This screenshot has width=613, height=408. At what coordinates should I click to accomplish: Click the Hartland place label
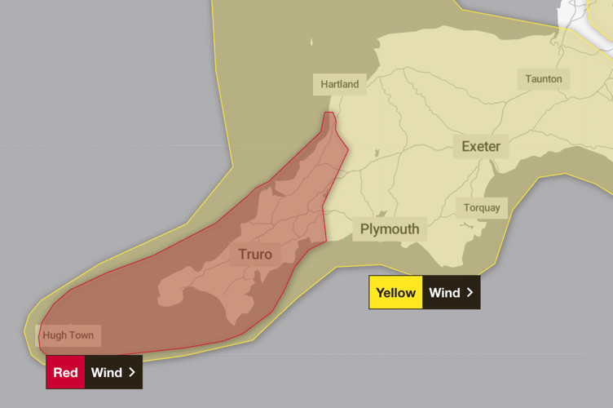(x=339, y=84)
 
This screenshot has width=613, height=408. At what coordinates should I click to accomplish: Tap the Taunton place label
(x=543, y=79)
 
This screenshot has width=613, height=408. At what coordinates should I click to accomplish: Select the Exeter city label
(x=481, y=147)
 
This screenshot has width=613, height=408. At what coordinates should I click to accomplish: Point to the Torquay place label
(x=482, y=207)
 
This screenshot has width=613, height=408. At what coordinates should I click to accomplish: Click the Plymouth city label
(x=390, y=229)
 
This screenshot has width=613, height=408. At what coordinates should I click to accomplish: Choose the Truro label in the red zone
(x=255, y=255)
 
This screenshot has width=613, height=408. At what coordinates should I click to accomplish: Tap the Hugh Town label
(x=68, y=335)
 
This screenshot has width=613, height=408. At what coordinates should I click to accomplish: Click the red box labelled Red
(x=65, y=373)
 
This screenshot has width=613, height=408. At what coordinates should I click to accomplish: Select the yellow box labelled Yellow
(x=395, y=293)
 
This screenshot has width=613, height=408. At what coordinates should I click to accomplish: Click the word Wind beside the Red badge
(x=106, y=373)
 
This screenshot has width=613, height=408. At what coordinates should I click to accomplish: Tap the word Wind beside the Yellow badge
(x=444, y=293)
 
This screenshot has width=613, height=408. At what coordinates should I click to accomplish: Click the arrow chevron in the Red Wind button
(x=131, y=373)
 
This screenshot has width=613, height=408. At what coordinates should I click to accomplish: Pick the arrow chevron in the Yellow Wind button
(x=470, y=293)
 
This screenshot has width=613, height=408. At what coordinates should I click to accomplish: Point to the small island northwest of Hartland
(x=311, y=42)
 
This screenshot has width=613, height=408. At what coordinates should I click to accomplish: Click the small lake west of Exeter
(x=377, y=153)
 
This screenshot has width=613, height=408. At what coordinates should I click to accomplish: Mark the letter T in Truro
(x=243, y=255)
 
